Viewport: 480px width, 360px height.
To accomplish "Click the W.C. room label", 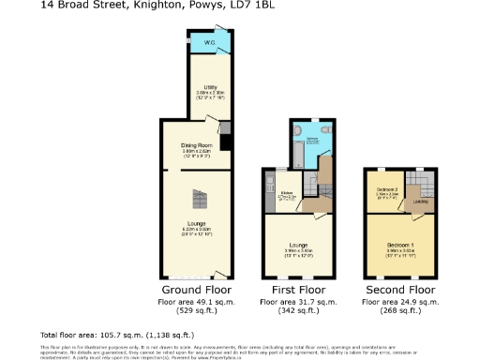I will point(210,43).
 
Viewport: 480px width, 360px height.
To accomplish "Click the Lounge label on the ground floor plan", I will point(196,223).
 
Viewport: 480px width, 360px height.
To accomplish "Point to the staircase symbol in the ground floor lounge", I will point(198,198).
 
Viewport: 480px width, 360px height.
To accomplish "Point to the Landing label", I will point(421,201).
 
